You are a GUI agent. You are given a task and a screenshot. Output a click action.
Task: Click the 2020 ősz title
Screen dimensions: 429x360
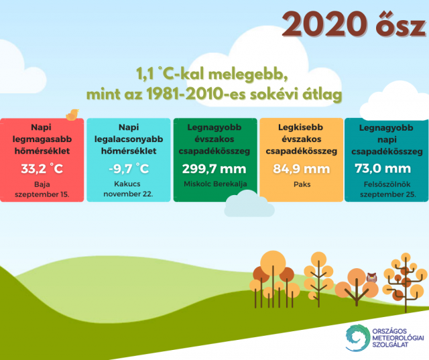pyautogui.click(x=354, y=24)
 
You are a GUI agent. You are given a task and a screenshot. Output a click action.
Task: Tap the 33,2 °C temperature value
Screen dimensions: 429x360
pyautogui.click(x=42, y=169)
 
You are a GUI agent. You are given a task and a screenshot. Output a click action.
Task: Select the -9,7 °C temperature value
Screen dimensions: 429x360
pyautogui.click(x=129, y=168)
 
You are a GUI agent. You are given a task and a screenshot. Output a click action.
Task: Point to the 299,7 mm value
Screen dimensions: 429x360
pyautogui.click(x=214, y=169)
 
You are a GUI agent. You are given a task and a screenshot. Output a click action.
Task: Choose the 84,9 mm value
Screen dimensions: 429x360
pyautogui.click(x=301, y=169)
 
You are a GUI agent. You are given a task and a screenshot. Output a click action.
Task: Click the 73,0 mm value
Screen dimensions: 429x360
pyautogui.click(x=383, y=168)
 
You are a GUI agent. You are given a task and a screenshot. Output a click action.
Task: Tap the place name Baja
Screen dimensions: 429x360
pyautogui.click(x=42, y=184)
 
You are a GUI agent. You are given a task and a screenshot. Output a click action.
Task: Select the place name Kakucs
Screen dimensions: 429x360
pyautogui.click(x=127, y=184)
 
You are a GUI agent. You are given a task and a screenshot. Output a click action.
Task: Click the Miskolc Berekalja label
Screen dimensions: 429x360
pyautogui.click(x=215, y=184)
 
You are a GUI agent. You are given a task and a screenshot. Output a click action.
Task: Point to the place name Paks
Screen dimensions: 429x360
pyautogui.click(x=302, y=184)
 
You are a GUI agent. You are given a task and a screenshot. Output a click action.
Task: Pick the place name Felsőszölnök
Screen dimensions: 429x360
pyautogui.click(x=387, y=184)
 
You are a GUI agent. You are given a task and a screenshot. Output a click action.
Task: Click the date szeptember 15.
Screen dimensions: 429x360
pyautogui.click(x=42, y=194)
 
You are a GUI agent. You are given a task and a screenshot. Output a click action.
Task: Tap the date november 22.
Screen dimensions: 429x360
pyautogui.click(x=128, y=194)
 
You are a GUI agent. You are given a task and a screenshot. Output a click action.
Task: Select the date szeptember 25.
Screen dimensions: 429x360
pyautogui.click(x=387, y=194)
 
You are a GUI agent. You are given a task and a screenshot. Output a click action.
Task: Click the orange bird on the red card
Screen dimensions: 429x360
pyautogui.click(x=72, y=115)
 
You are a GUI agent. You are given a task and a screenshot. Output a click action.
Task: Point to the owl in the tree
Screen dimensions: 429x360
pyautogui.click(x=371, y=278)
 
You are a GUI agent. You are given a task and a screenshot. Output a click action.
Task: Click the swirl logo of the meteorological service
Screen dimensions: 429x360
pyautogui.click(x=356, y=338)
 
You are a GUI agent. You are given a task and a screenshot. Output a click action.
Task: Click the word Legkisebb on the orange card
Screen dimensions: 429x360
pyautogui.click(x=300, y=127)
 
